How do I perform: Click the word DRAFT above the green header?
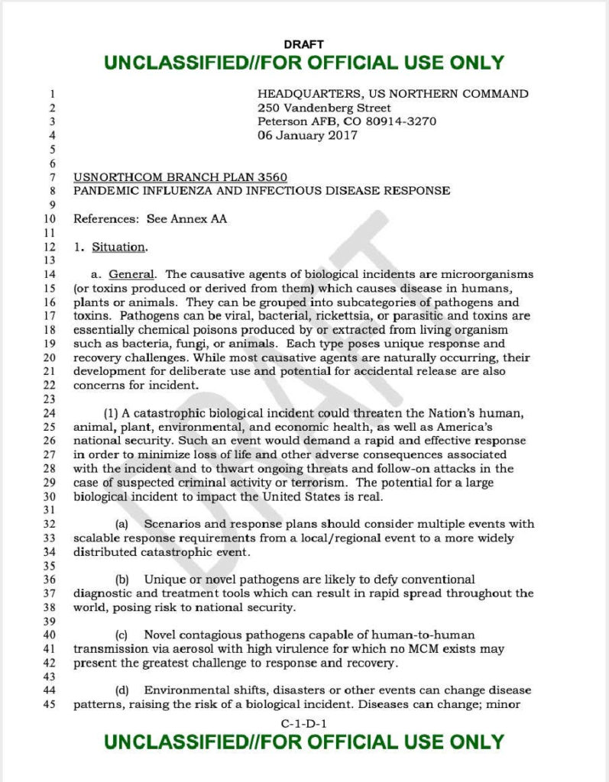click(x=303, y=45)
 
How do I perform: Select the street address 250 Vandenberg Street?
click(x=324, y=108)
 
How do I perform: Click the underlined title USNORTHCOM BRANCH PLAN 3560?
click(x=180, y=177)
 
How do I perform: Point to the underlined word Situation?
click(x=118, y=247)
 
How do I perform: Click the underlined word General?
click(x=132, y=273)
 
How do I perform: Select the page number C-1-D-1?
click(x=303, y=722)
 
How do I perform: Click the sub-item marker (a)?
click(x=121, y=524)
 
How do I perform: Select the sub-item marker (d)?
click(x=121, y=690)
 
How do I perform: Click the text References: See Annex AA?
click(x=150, y=218)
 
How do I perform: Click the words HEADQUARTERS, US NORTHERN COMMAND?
click(x=393, y=94)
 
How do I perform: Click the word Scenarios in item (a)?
click(x=173, y=524)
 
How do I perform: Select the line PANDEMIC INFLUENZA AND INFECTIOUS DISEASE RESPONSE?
click(x=261, y=190)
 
